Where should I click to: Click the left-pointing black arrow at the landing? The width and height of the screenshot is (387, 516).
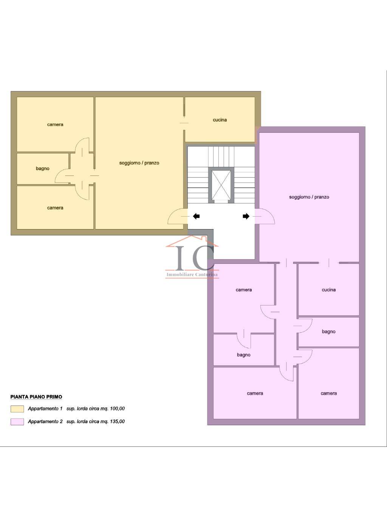pyautogui.click(x=196, y=216)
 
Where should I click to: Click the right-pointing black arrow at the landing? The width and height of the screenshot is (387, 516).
pyautogui.click(x=246, y=216)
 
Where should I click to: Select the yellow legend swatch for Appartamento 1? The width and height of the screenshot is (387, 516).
pyautogui.click(x=17, y=409)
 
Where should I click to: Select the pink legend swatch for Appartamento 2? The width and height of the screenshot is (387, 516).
pyautogui.click(x=17, y=422)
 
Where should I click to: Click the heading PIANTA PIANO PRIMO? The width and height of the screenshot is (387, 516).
pyautogui.click(x=36, y=397)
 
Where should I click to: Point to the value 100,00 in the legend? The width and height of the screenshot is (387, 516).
pyautogui.click(x=117, y=409)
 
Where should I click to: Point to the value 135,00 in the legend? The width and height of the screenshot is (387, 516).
pyautogui.click(x=117, y=421)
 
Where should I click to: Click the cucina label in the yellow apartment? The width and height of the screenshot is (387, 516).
pyautogui.click(x=220, y=120)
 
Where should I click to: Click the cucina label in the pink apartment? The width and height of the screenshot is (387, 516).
pyautogui.click(x=328, y=290)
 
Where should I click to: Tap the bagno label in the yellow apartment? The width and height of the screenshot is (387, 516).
pyautogui.click(x=43, y=169)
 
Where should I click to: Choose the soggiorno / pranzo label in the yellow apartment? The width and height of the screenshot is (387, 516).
pyautogui.click(x=139, y=163)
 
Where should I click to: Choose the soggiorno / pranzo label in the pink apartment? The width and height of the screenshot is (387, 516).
pyautogui.click(x=309, y=197)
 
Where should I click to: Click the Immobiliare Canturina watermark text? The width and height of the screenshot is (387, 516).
pyautogui.click(x=192, y=274)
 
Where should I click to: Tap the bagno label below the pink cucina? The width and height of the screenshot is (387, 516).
pyautogui.click(x=328, y=332)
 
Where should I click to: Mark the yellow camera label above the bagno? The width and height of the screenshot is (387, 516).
pyautogui.click(x=55, y=125)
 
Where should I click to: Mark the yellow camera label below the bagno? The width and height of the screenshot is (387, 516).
pyautogui.click(x=55, y=208)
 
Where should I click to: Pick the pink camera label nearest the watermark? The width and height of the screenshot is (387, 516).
pyautogui.click(x=244, y=290)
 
